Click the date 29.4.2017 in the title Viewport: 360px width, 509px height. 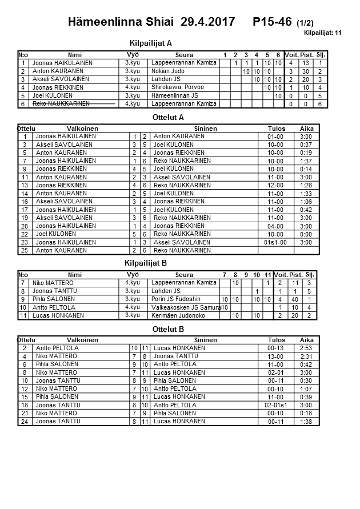tap(207, 22)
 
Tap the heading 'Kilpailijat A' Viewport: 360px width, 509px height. tap(151, 43)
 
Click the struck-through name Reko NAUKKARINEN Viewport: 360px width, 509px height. tap(61, 104)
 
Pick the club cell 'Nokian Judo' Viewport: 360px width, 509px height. tap(168, 71)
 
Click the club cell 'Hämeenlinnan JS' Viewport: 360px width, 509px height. tap(175, 95)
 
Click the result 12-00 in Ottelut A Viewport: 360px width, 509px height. tap(275, 186)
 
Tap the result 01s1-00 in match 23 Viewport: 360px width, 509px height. tap(275, 243)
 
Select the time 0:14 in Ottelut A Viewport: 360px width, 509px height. tap(306, 169)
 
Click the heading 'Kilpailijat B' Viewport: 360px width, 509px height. tap(145, 263)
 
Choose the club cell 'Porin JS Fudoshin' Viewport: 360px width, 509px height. tap(177, 299)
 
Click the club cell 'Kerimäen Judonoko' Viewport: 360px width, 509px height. tap(178, 315)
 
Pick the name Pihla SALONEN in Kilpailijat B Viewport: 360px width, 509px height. tap(54, 299)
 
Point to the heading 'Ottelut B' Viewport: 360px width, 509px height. tap(169, 329)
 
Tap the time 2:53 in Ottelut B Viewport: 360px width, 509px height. tap(306, 348)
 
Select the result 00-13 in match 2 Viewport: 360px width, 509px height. tap(275, 348)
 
